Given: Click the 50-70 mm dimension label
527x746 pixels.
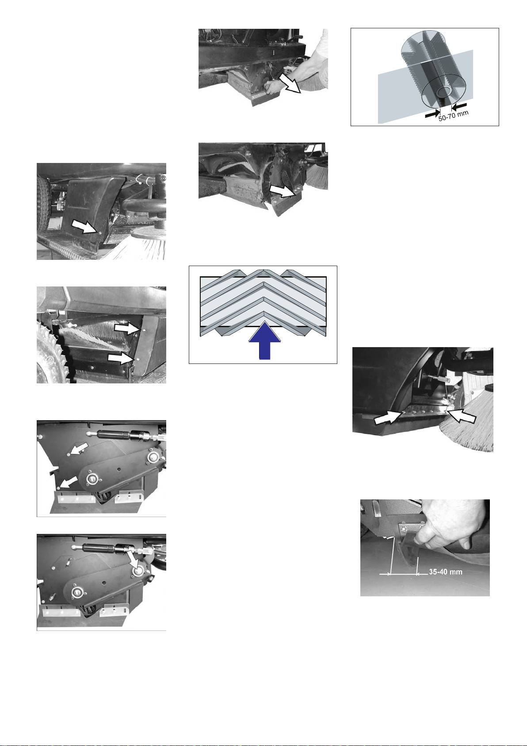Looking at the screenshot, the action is click(x=453, y=116).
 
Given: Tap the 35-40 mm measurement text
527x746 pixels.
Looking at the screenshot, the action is click(x=446, y=572).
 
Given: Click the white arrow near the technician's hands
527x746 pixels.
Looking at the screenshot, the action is click(x=290, y=82).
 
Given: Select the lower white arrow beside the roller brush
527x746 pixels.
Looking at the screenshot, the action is click(x=121, y=359).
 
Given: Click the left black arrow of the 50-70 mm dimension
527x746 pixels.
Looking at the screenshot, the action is click(x=432, y=114).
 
